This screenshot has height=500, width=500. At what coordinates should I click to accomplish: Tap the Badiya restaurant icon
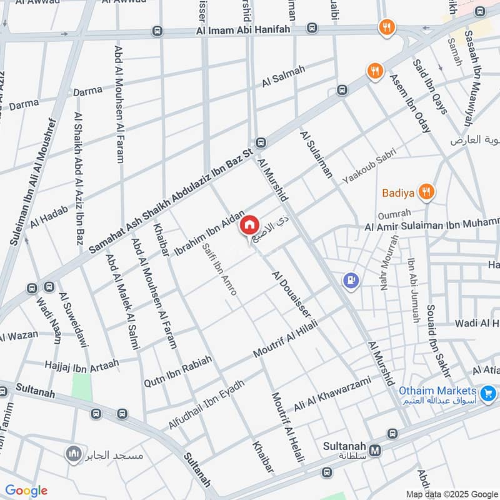pos(427,192)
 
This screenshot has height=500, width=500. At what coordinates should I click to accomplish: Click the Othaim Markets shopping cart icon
pos(489,394)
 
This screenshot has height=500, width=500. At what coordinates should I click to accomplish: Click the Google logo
pos(26,491)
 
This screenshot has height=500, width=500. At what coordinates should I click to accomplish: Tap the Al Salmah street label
pos(284,76)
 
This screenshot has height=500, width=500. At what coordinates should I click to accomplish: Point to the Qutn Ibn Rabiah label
pos(178,371)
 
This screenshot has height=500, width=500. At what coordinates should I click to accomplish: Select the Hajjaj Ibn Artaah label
pos(81,363)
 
